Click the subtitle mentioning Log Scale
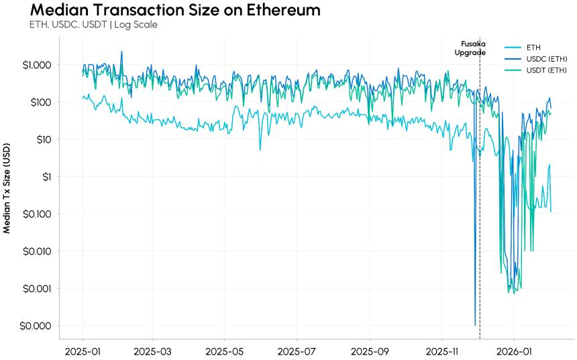93,25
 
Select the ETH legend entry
534,48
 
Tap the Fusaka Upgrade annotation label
472,48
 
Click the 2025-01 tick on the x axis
83,351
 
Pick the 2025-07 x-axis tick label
296,351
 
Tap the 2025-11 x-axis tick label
442,351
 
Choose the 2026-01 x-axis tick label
514,351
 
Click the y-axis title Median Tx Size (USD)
7,188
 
